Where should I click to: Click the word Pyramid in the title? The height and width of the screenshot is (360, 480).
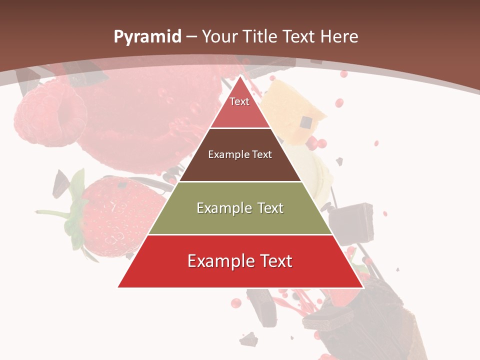[x=147, y=37]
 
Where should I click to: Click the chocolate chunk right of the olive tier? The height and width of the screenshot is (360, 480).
[x=355, y=217]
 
